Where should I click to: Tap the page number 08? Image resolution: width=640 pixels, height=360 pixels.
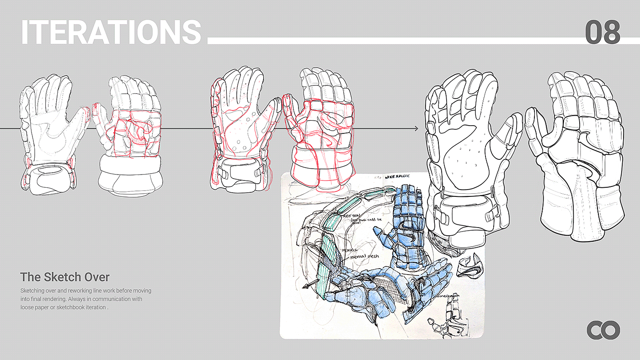pos(603,32)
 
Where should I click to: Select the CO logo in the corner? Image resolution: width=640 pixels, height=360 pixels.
pos(603,330)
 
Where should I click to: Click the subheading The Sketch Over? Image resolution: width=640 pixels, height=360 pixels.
pos(65,277)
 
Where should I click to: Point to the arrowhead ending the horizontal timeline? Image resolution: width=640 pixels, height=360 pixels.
pos(416,129)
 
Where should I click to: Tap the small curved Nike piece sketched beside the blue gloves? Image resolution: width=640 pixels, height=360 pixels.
pos(469,266)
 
